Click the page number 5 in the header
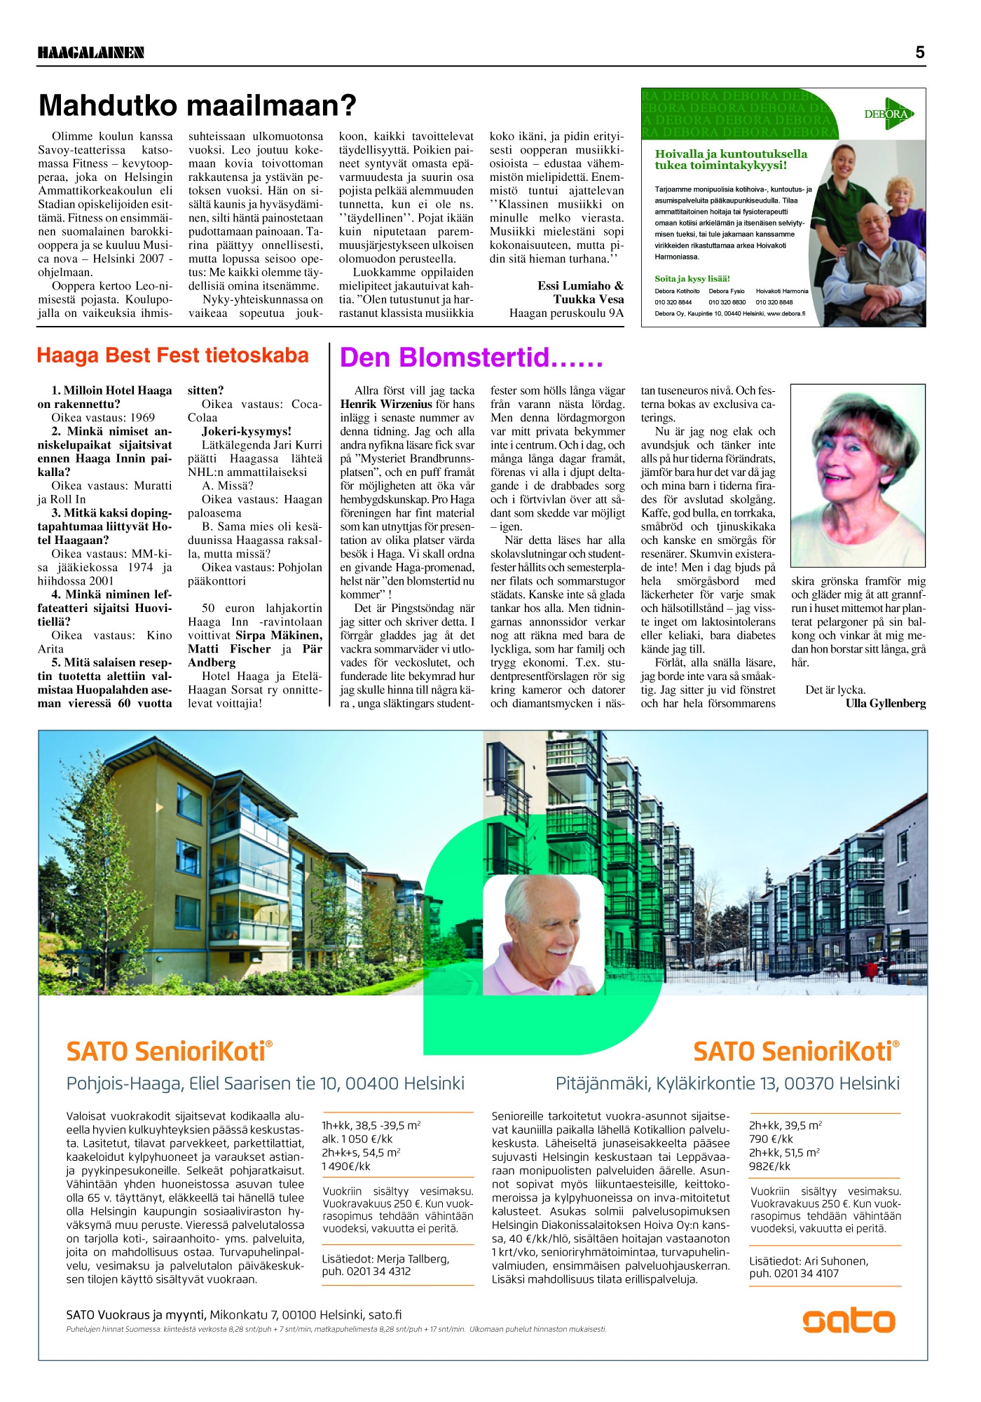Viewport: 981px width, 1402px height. click(x=919, y=53)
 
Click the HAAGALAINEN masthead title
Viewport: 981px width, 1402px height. click(x=91, y=53)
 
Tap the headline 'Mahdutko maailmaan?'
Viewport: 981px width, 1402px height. click(x=198, y=106)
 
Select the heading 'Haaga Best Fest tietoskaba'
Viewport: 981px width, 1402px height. click(x=172, y=355)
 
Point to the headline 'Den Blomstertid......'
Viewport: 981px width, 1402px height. click(x=471, y=358)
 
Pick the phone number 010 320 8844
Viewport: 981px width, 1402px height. click(x=673, y=302)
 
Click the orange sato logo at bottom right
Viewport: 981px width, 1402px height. click(x=849, y=1321)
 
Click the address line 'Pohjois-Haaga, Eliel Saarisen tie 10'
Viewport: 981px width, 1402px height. click(x=265, y=1084)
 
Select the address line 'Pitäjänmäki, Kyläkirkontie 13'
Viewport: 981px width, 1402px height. click(x=727, y=1084)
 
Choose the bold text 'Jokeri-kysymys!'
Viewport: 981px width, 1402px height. click(x=246, y=431)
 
